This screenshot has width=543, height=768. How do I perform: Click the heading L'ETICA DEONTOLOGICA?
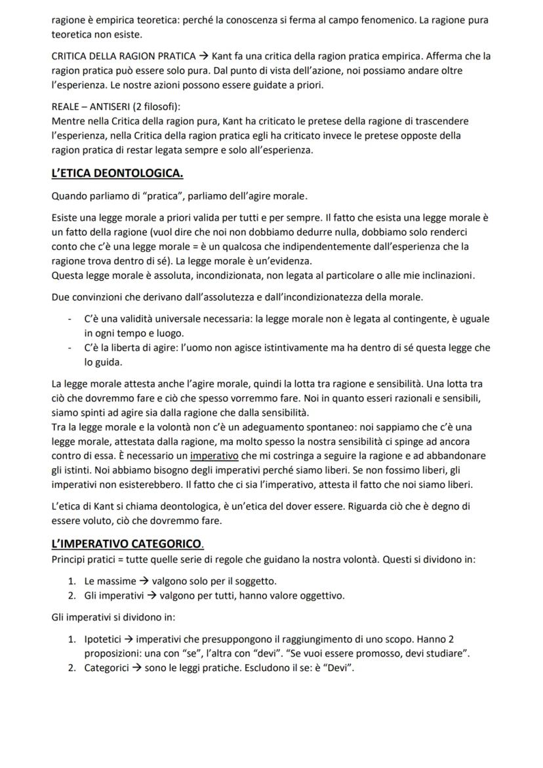tap(117, 174)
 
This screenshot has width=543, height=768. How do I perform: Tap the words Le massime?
tap(110, 581)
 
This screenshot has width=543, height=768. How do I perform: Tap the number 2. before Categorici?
tap(73, 668)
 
